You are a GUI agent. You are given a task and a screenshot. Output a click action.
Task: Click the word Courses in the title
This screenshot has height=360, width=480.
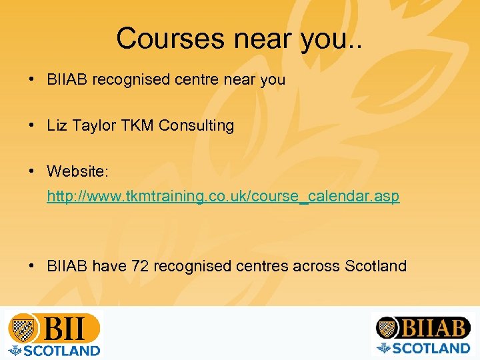(x=171, y=39)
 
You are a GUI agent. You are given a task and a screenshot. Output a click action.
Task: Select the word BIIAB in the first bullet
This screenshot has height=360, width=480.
(x=67, y=80)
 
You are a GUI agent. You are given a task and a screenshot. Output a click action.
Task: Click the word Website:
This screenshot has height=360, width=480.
(x=77, y=171)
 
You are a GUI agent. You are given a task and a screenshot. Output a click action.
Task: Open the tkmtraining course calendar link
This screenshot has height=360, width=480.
(x=223, y=197)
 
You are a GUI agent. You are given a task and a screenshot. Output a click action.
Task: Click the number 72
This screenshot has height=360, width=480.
(x=140, y=266)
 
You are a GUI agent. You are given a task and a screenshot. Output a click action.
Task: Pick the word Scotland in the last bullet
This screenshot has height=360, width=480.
(x=375, y=266)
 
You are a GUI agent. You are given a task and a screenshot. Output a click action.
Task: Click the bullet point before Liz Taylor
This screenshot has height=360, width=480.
(x=32, y=125)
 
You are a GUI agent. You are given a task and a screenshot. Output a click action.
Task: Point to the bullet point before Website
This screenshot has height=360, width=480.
(x=32, y=171)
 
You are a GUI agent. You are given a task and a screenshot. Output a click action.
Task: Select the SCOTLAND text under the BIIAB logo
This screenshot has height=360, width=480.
(x=431, y=347)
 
